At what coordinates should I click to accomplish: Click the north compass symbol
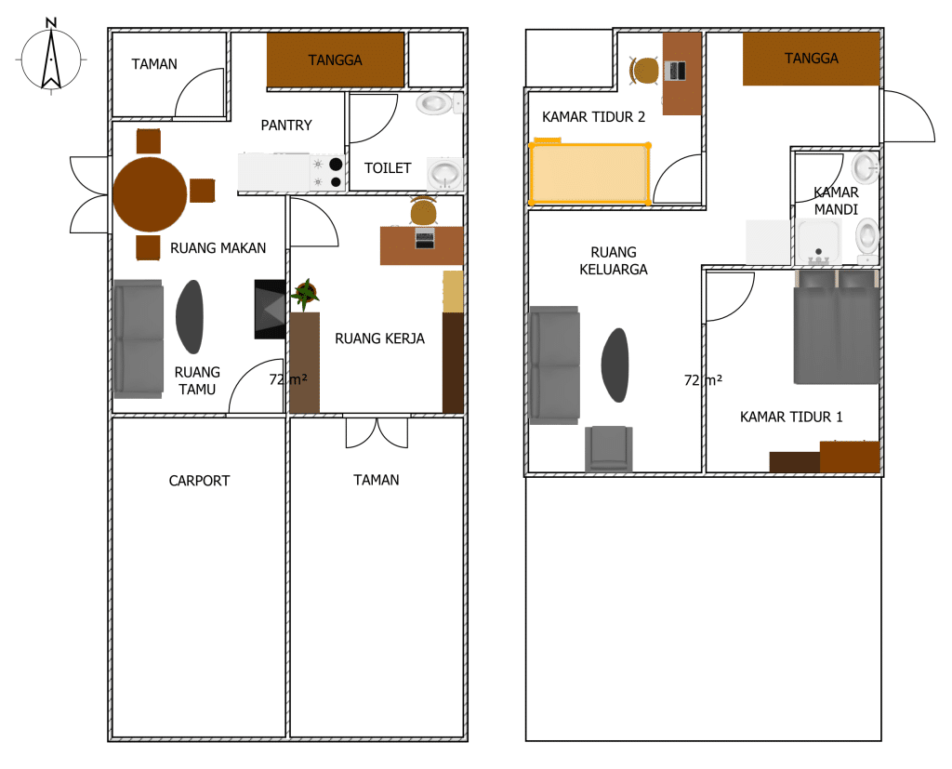51,58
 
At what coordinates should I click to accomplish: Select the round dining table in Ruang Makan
150,193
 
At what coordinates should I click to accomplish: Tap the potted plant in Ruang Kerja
305,294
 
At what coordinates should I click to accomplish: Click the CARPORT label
199,481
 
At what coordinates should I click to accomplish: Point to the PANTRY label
286,126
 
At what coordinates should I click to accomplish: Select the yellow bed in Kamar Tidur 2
590,173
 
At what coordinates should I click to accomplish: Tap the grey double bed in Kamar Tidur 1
837,327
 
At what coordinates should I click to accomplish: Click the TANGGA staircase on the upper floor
811,59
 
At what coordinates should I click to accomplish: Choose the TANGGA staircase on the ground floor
335,60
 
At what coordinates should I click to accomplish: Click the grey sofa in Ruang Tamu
138,339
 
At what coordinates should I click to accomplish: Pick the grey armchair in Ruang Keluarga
609,449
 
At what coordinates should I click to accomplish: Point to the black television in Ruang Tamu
270,309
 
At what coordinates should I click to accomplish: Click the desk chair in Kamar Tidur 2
643,71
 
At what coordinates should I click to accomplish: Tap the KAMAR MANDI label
836,201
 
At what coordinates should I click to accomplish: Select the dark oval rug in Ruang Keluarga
615,365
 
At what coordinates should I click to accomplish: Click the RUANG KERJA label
379,338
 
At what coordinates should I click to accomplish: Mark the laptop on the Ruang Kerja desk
425,237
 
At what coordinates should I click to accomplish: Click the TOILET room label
388,168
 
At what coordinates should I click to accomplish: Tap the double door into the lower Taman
377,432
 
